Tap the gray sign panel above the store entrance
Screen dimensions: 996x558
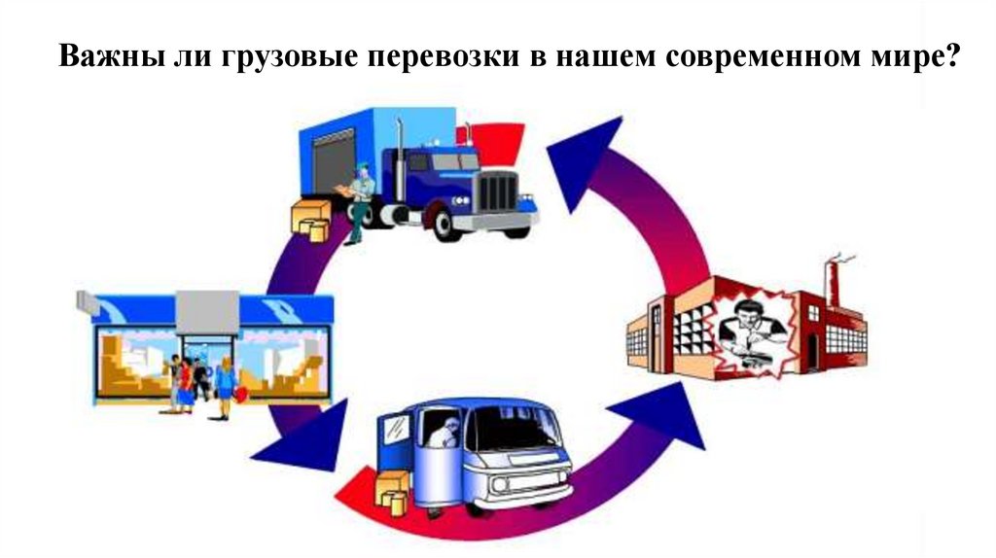[x=207, y=310]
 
